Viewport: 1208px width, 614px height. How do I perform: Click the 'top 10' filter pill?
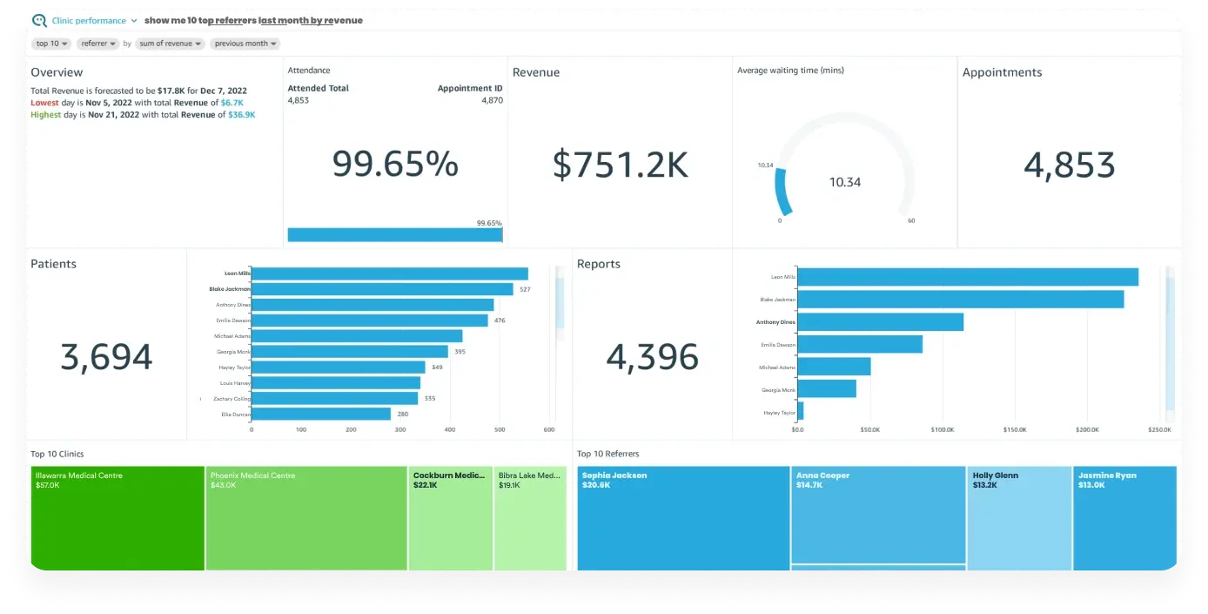coord(52,44)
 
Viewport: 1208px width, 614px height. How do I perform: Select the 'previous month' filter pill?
coord(245,44)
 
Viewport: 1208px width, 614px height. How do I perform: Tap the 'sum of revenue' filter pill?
coord(170,44)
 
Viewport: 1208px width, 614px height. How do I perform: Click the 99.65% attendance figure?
coord(395,164)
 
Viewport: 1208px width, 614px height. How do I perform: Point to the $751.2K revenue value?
coord(620,164)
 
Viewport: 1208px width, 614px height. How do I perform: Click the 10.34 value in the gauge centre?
coord(844,182)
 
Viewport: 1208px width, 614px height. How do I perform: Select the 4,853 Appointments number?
coord(1069,165)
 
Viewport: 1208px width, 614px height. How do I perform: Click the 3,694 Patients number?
coord(106,357)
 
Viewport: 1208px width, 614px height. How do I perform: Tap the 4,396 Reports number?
coord(652,357)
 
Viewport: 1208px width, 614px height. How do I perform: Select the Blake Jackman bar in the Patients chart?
coord(381,289)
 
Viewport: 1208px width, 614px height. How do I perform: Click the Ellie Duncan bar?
coord(320,415)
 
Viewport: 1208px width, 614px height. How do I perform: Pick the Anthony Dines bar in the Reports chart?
coord(880,322)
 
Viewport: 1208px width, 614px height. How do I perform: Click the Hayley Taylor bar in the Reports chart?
coord(800,412)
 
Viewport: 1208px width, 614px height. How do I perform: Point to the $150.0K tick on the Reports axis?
coord(1014,430)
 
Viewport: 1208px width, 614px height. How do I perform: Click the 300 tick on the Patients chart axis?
coord(400,430)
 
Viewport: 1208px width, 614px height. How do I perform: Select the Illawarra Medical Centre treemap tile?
coord(117,518)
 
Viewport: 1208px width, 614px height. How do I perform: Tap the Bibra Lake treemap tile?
coord(530,518)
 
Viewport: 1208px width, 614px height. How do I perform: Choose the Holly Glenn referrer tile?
coord(1018,518)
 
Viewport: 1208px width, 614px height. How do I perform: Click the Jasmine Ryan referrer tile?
coord(1124,518)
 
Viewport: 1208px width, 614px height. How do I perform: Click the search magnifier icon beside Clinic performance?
coord(39,21)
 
